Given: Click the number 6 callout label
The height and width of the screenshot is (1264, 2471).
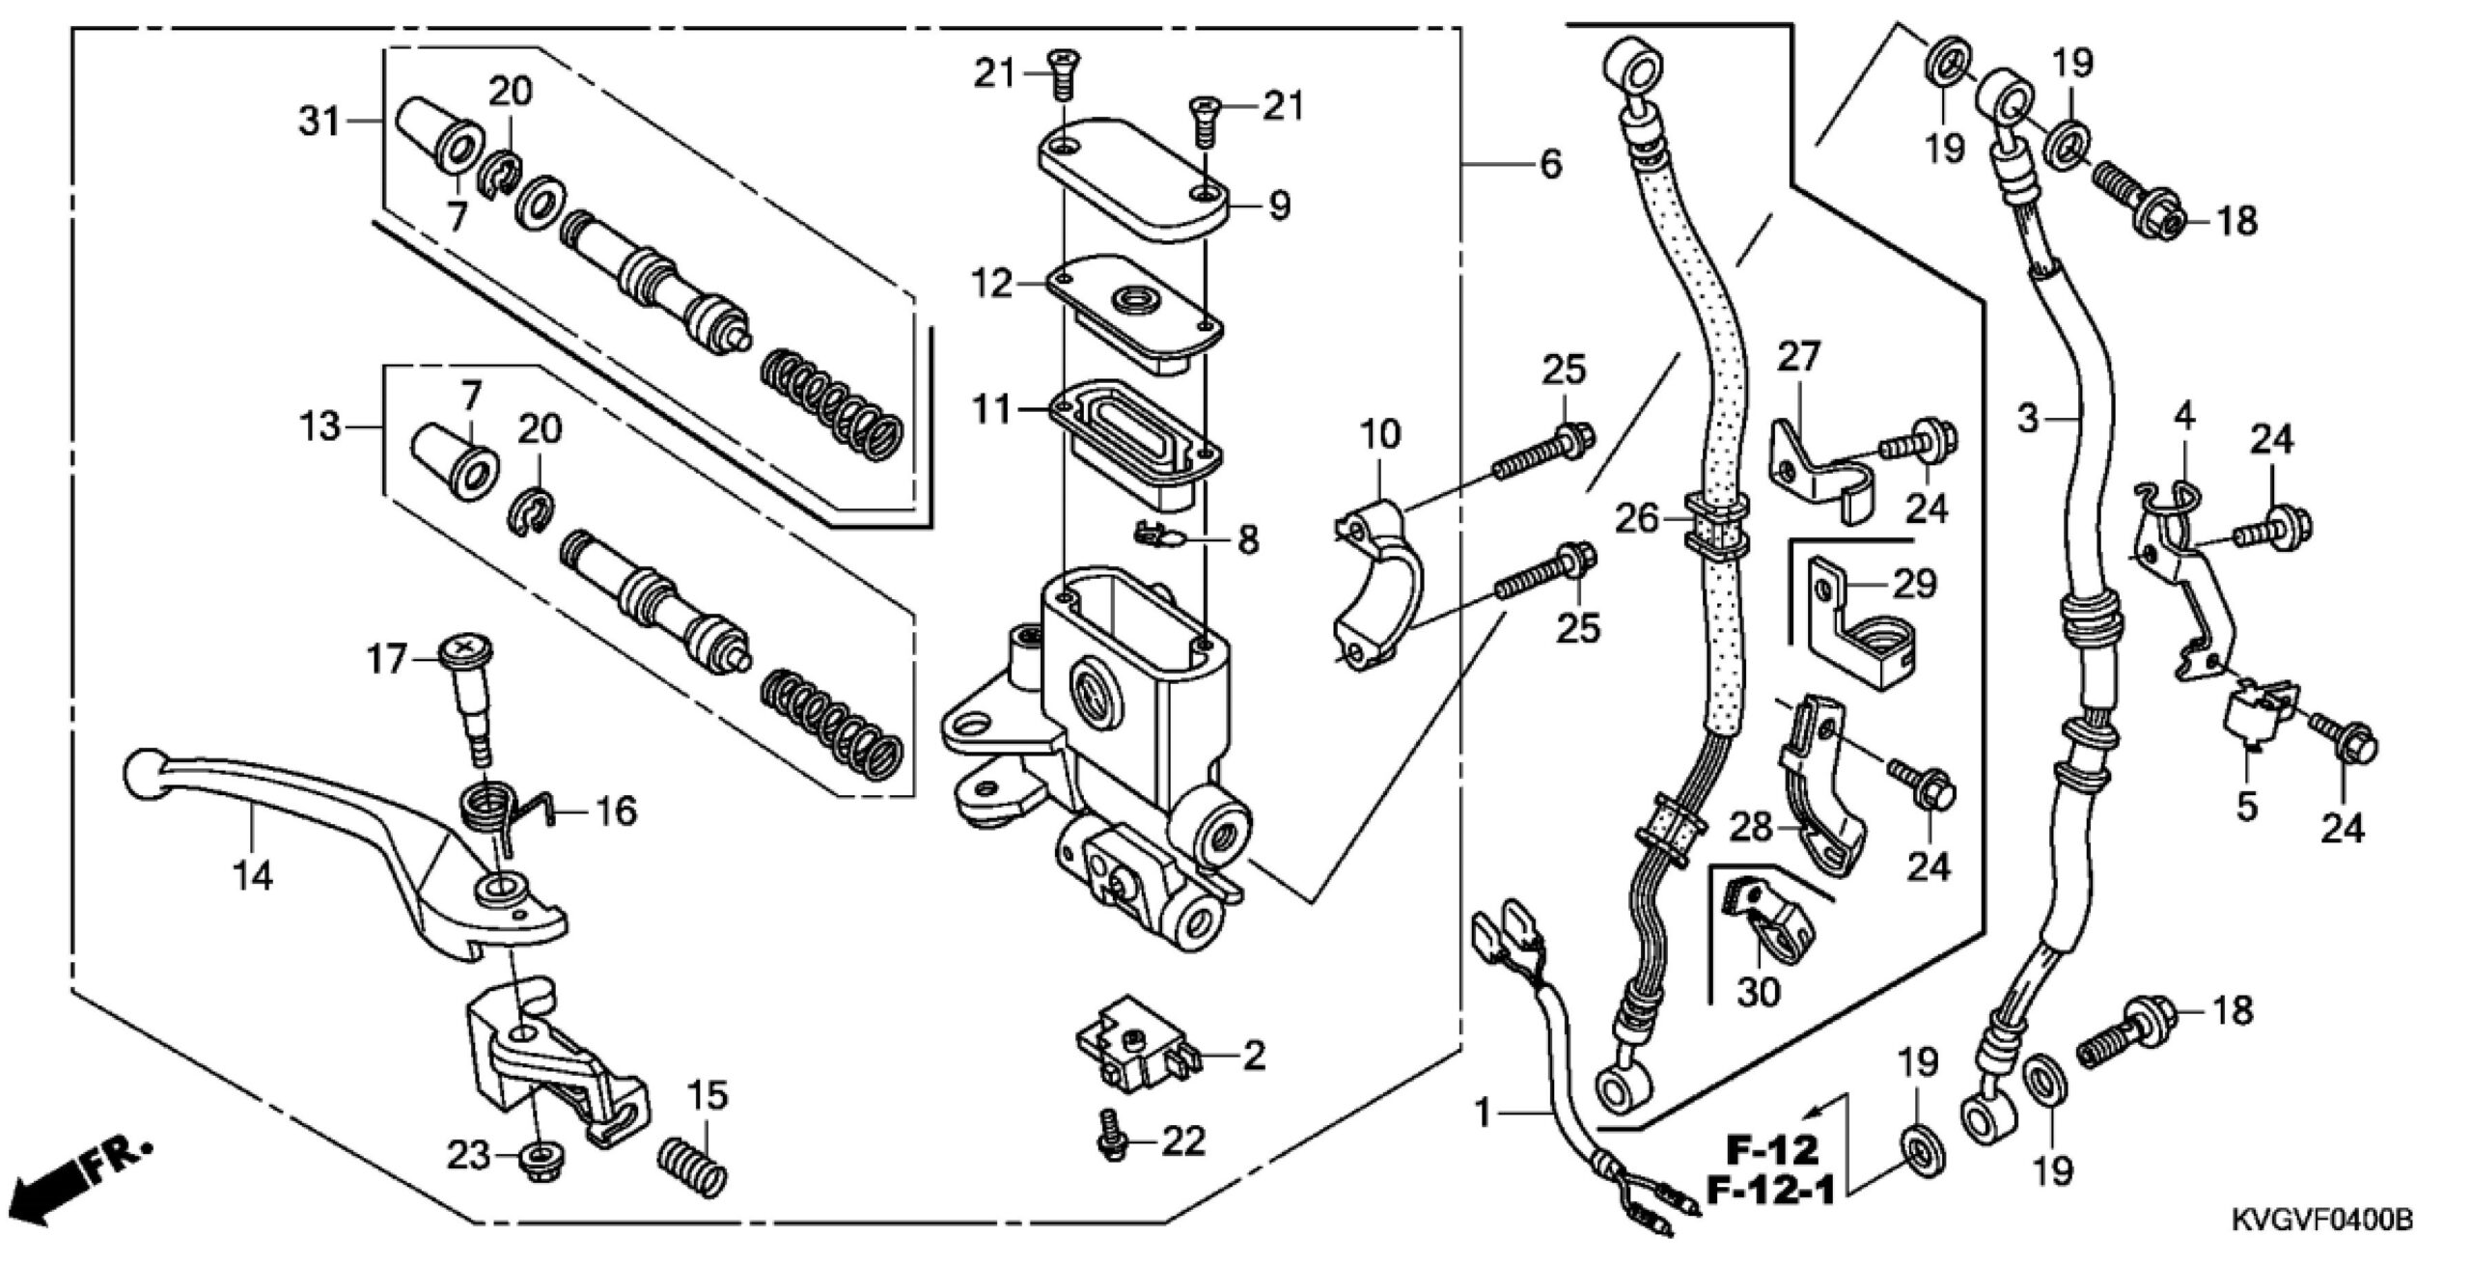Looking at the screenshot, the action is tap(1550, 165).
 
